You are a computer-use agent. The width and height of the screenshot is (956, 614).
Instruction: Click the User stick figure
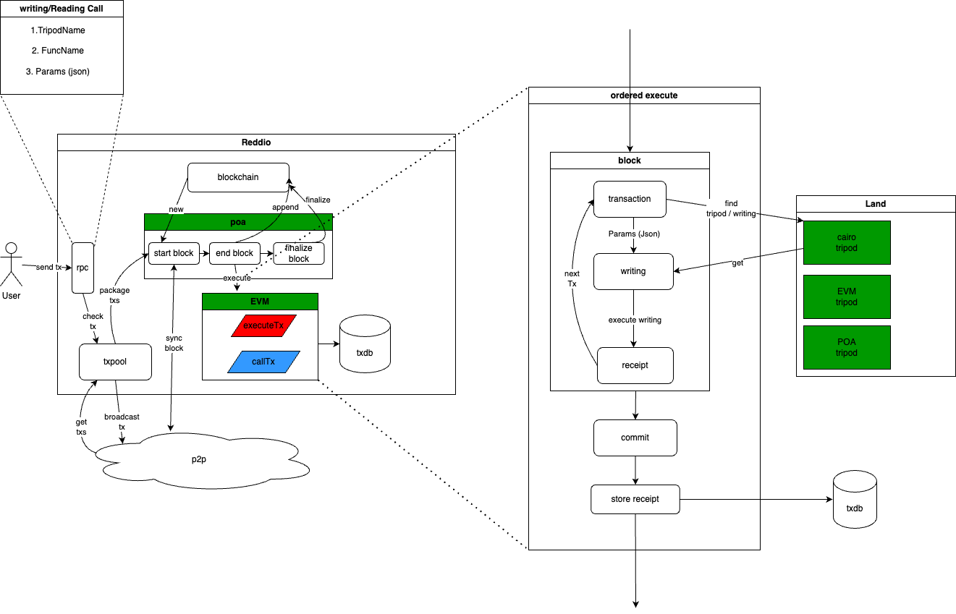pyautogui.click(x=10, y=265)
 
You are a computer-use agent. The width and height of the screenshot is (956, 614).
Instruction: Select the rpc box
pyautogui.click(x=83, y=268)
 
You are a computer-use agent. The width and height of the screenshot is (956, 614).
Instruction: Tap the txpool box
pyautogui.click(x=115, y=362)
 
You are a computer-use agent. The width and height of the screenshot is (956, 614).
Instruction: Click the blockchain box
pyautogui.click(x=238, y=177)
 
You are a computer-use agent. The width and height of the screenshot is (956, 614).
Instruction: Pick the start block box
pyautogui.click(x=174, y=253)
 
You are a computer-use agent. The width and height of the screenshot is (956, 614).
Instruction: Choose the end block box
pyautogui.click(x=235, y=253)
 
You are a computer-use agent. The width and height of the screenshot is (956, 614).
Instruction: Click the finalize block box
pyautogui.click(x=298, y=253)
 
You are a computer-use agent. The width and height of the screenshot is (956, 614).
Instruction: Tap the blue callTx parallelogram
pyautogui.click(x=263, y=362)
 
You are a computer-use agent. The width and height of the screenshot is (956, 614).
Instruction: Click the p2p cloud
pyautogui.click(x=203, y=460)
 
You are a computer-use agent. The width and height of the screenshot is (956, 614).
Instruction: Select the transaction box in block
pyautogui.click(x=630, y=199)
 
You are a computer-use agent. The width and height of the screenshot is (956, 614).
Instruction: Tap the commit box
pyautogui.click(x=635, y=438)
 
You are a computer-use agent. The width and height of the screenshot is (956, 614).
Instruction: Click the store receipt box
pyautogui.click(x=635, y=499)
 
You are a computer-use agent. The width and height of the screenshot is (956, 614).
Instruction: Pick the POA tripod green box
pyautogui.click(x=846, y=347)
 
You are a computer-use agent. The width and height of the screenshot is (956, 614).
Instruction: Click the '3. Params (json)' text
pyautogui.click(x=62, y=72)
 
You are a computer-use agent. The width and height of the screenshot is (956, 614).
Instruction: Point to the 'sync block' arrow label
pyautogui.click(x=174, y=343)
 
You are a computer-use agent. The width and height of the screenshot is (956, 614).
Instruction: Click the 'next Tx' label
pyautogui.click(x=572, y=278)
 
